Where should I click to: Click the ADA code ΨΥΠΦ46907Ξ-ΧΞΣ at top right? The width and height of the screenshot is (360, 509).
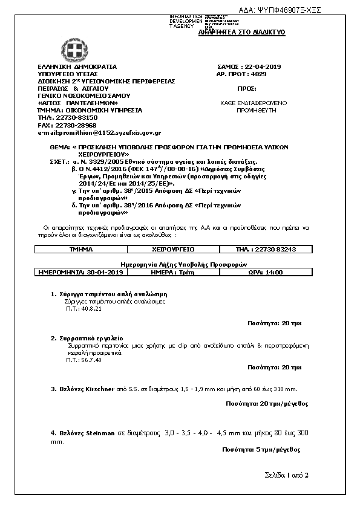(289, 10)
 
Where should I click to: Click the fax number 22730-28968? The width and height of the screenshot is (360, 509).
(67, 125)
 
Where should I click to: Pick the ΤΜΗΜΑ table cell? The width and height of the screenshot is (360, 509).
(81, 249)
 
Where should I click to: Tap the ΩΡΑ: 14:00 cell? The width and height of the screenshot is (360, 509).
(265, 273)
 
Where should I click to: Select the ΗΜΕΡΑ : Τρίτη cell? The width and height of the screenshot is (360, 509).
(173, 273)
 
